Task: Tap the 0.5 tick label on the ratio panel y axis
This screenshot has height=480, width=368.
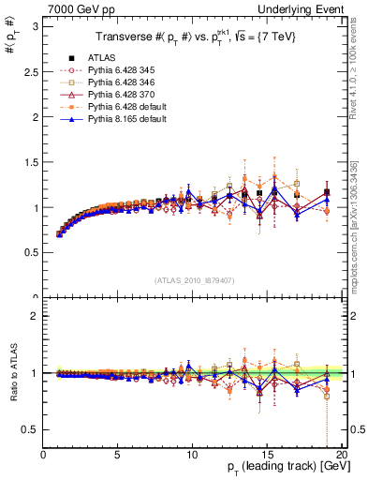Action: click(x=30, y=429)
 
